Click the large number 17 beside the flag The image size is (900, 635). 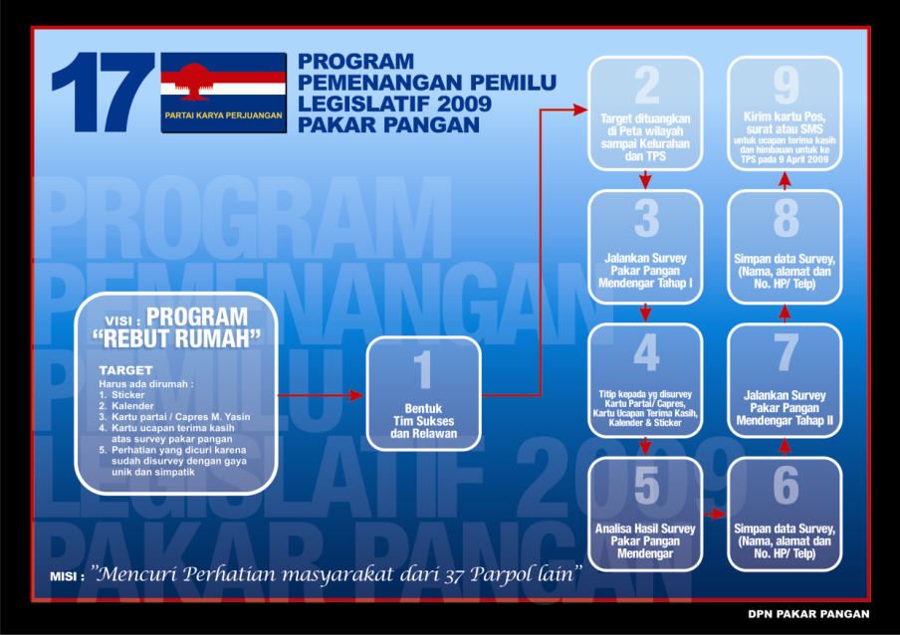point(102,93)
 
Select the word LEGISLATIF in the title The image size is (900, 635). point(348,105)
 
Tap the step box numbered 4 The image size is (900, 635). point(645,380)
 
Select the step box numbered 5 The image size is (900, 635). point(645,513)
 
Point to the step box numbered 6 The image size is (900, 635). point(786,513)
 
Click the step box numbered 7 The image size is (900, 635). point(786,380)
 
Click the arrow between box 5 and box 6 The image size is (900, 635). point(715,514)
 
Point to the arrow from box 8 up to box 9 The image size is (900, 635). point(786,178)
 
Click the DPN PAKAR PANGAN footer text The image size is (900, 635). point(808,614)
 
